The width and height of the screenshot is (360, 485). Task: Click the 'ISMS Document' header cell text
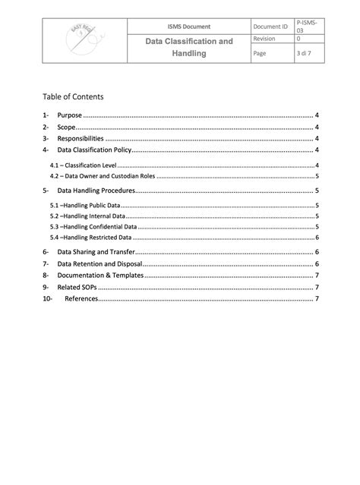(189, 27)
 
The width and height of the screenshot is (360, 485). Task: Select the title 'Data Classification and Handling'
(189, 48)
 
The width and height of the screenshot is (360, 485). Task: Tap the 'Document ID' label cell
(271, 27)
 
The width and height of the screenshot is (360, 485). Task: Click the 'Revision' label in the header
(265, 39)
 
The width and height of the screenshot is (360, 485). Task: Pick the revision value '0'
(298, 39)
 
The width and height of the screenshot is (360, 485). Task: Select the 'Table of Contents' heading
(73, 97)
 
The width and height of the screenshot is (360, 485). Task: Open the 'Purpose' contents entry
(70, 115)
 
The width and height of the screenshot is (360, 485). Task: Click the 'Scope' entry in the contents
(66, 128)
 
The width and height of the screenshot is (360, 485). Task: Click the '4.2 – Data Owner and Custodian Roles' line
(103, 175)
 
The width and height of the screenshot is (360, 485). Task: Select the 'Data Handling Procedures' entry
(96, 191)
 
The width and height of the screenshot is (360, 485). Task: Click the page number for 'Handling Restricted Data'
(316, 237)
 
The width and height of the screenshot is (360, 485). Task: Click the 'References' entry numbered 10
(81, 299)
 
